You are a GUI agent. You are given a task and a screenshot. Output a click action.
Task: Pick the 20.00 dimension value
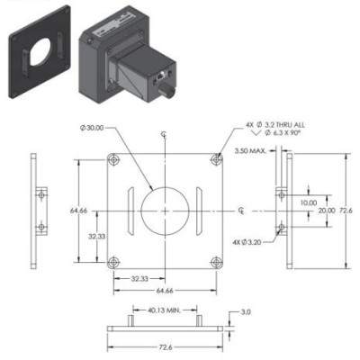[x=326, y=210]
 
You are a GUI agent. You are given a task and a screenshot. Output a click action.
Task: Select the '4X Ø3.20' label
[x=248, y=241]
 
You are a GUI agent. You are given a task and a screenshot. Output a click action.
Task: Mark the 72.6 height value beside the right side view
[x=346, y=210]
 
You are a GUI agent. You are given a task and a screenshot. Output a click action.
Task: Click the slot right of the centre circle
[x=194, y=210]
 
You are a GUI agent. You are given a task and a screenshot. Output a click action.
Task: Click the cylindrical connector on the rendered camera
[x=167, y=90]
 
